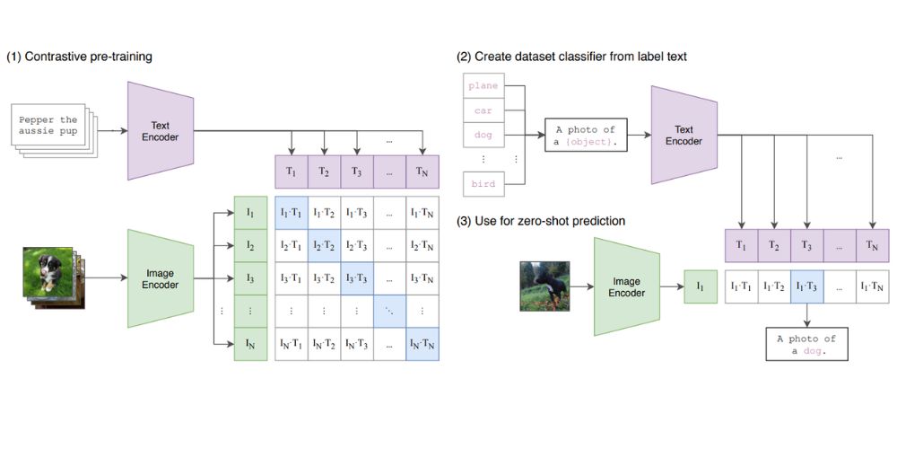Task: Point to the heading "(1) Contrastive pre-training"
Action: (x=80, y=57)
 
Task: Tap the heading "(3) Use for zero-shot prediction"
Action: (x=541, y=221)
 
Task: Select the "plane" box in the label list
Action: (x=483, y=86)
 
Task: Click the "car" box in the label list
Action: (x=483, y=112)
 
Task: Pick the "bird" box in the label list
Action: (x=483, y=184)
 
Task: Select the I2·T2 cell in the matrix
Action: (x=324, y=246)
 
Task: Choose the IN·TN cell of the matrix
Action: (x=422, y=344)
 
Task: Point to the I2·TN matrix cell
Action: (x=422, y=246)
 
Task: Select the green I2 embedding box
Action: (x=250, y=246)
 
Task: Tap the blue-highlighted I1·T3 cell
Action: (x=807, y=286)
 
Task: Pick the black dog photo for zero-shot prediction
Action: (x=544, y=286)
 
